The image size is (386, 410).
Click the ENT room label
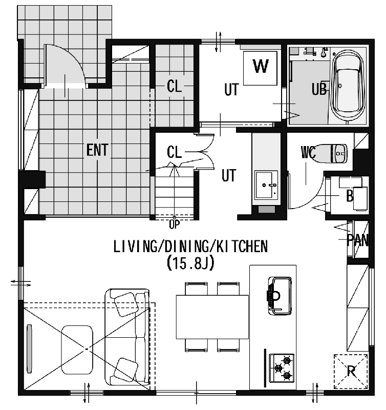97,150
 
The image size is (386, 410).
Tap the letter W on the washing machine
261,66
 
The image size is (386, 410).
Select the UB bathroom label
319,89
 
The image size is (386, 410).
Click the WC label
308,152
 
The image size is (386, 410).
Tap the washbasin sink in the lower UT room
266,185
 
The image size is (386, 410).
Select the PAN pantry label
358,240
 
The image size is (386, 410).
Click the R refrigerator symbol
351,371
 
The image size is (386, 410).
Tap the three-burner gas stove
282,368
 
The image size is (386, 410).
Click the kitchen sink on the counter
280,296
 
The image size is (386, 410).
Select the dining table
212,317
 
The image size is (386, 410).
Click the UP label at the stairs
175,224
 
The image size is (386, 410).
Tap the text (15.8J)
190,263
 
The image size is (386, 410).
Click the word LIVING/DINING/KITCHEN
190,247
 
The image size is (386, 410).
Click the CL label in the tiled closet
174,86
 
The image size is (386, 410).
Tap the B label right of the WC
350,196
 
